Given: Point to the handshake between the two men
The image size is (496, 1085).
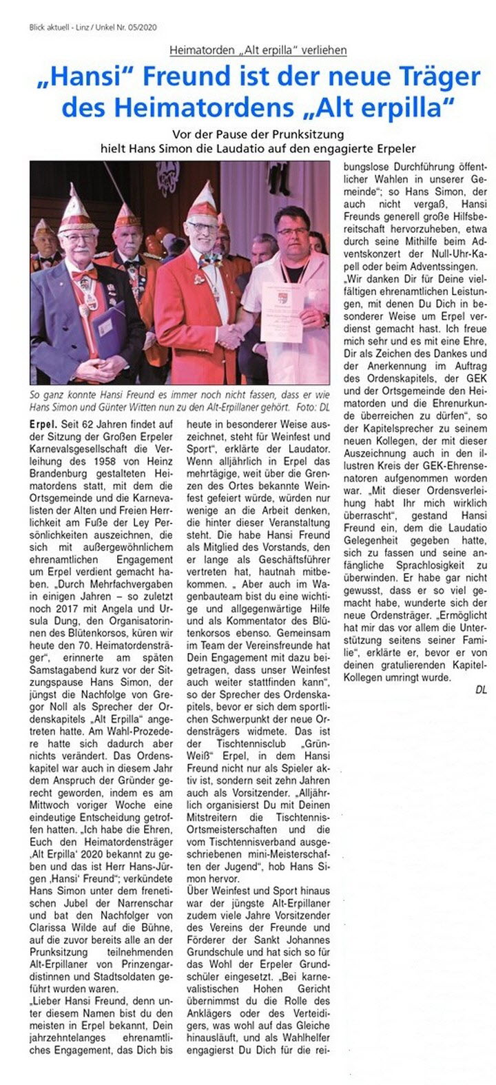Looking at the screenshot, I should coord(230,336).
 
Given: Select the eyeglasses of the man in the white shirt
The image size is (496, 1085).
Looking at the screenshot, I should coord(292,231).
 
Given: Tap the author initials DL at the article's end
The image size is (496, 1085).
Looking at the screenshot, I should coord(481,690).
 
